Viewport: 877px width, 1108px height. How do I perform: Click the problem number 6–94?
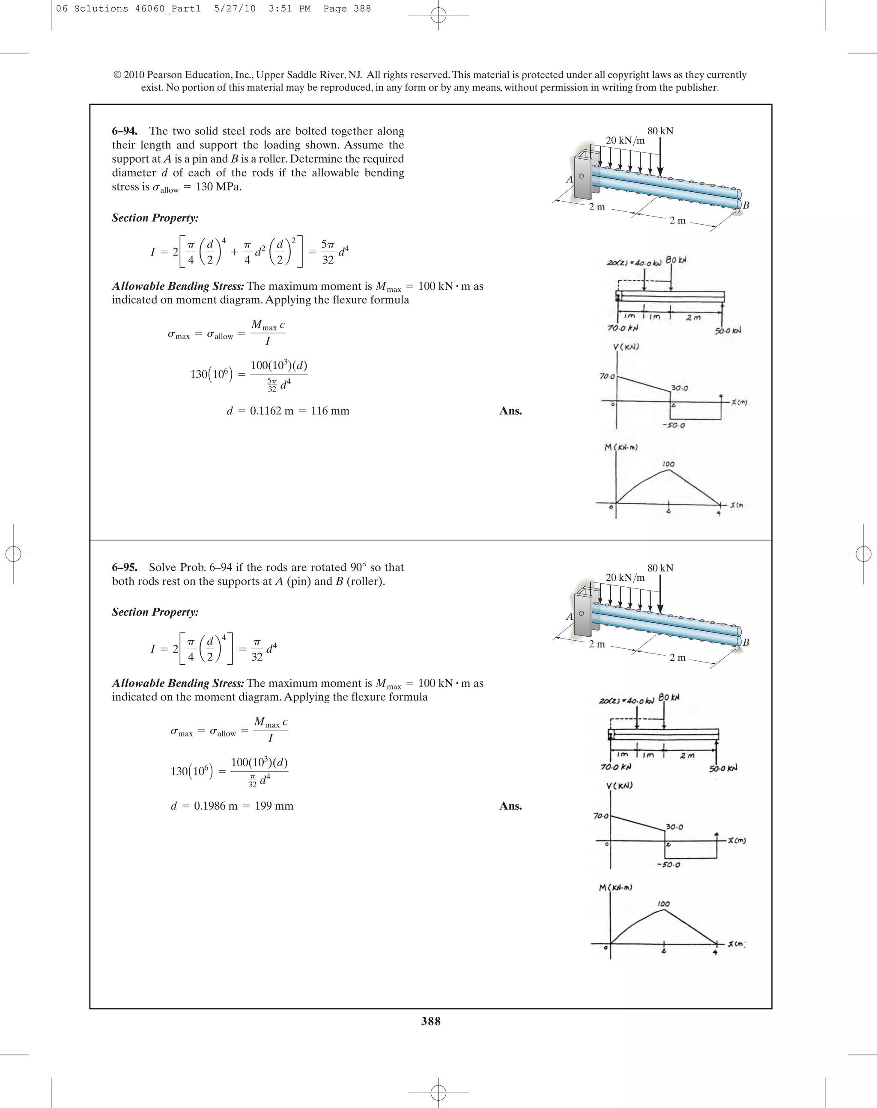point(124,131)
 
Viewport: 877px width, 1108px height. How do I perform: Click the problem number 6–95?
point(124,567)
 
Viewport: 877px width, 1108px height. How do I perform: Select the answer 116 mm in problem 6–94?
point(330,411)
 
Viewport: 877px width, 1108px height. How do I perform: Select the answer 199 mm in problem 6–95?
point(274,806)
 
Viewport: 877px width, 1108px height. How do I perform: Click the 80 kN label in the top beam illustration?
point(660,131)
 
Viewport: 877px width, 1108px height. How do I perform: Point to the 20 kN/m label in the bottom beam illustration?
point(625,577)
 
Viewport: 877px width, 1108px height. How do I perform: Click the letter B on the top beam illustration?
point(746,205)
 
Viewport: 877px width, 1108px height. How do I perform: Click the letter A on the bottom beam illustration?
point(569,616)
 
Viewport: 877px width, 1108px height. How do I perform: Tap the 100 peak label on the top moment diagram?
point(668,464)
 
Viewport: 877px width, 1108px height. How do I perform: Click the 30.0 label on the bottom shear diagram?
point(674,827)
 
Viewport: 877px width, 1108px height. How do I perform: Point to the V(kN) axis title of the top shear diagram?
point(626,347)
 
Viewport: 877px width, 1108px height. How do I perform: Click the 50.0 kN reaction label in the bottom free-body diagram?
point(723,768)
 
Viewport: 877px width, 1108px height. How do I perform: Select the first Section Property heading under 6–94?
point(155,218)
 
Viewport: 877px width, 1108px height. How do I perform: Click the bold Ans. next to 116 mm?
point(510,411)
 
